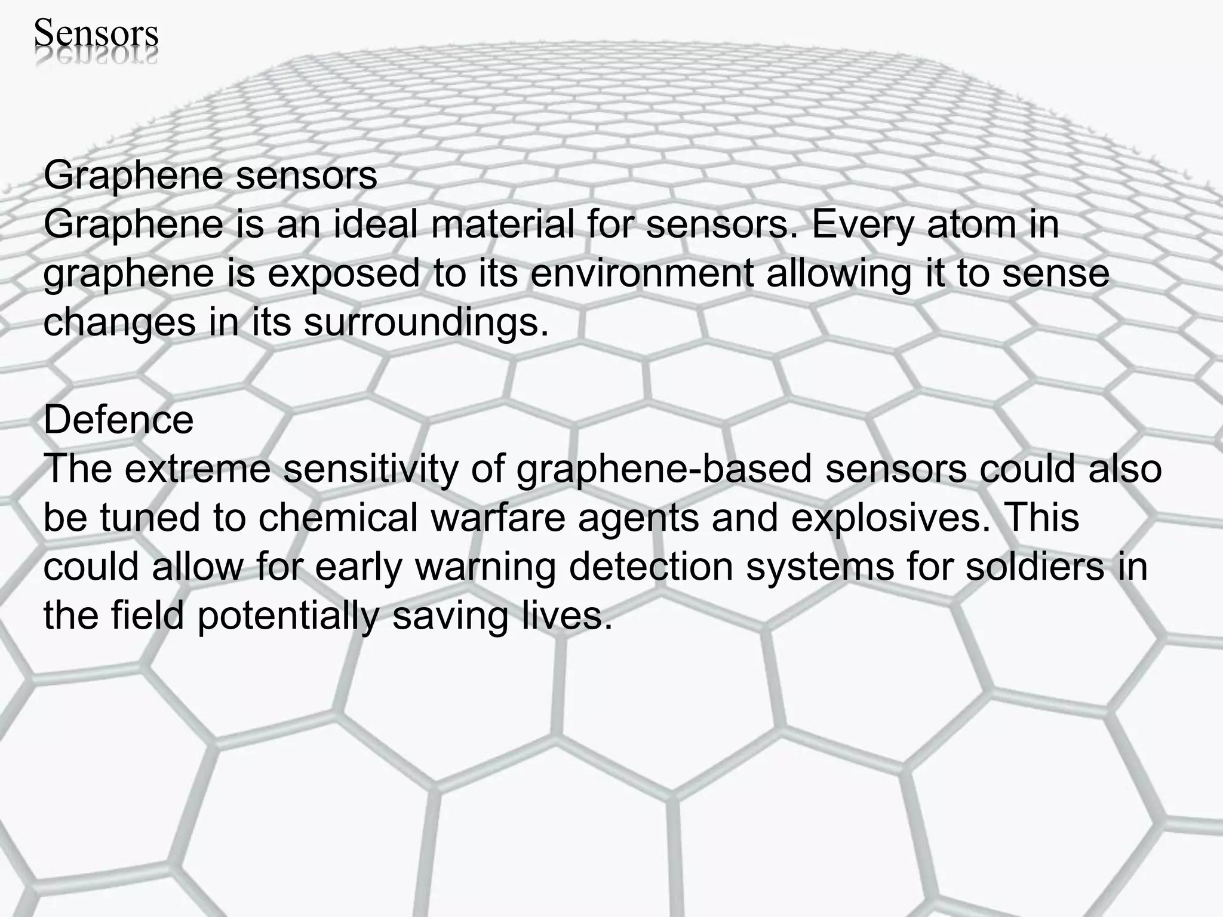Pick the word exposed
(343, 275)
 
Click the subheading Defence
(118, 420)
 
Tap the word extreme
(197, 469)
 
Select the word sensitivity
(370, 469)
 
